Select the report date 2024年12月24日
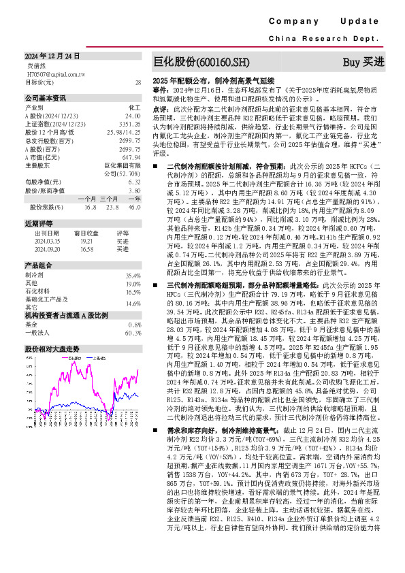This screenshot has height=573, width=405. pos(52,56)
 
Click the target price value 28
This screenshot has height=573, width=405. pos(137,82)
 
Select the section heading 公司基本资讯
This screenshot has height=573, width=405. pos(46,97)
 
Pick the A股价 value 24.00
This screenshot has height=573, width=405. pos(131,116)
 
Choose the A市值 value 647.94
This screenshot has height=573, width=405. pos(131,157)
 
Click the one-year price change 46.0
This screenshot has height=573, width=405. pos(134,207)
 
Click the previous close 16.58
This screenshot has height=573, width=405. pos(86,249)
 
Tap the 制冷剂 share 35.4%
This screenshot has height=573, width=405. pos(133,275)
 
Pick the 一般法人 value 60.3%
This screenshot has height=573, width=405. pos(133,333)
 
